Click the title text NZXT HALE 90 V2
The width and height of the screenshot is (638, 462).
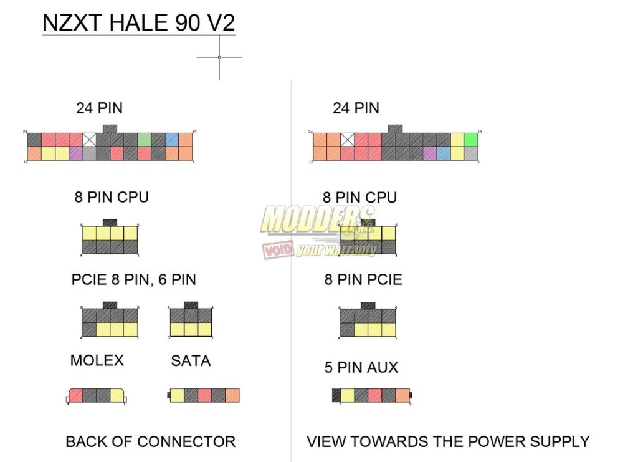(138, 23)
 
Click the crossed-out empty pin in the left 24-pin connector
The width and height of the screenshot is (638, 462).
(89, 140)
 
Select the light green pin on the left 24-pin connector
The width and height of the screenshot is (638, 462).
(145, 140)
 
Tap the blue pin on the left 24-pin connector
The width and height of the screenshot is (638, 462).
(172, 140)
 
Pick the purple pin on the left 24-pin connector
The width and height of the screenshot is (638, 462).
(75, 153)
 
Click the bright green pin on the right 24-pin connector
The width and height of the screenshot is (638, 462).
(471, 140)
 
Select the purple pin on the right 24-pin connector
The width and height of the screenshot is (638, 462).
(429, 153)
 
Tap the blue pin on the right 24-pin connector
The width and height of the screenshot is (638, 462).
(443, 153)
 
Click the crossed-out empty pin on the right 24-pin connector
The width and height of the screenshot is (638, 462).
(347, 140)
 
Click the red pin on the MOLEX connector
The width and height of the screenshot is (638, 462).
(75, 395)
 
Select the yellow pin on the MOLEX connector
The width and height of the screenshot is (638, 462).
(117, 395)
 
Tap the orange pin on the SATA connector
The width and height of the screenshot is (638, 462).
(232, 395)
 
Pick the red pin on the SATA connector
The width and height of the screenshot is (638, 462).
(205, 395)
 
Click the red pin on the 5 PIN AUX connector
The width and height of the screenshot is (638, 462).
(375, 395)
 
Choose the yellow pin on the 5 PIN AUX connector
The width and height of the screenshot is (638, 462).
(348, 395)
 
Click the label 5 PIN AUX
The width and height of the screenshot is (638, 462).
(361, 368)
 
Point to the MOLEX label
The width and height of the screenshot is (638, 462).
(97, 360)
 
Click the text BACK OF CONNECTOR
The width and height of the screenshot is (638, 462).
(150, 442)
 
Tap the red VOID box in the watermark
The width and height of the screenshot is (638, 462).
(278, 250)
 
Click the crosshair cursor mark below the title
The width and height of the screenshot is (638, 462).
(219, 57)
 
